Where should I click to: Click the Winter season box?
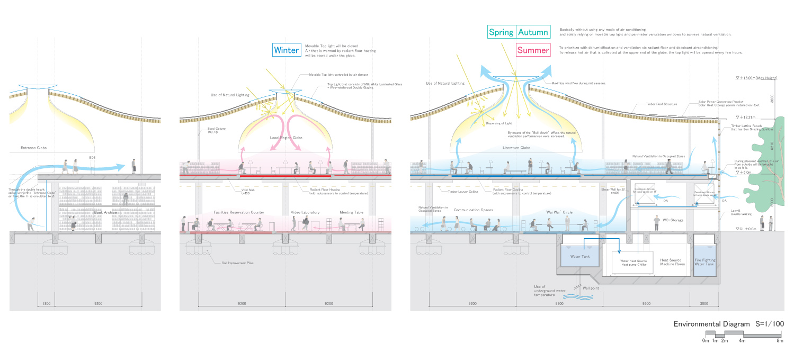click(x=287, y=50)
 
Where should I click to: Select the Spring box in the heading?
click(x=501, y=32)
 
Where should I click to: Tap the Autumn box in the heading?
click(x=533, y=32)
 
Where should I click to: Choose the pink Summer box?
click(x=533, y=51)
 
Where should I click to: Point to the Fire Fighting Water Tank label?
click(x=704, y=262)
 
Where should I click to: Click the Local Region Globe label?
click(x=278, y=137)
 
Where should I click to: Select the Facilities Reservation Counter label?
click(x=238, y=212)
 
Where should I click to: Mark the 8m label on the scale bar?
click(x=779, y=340)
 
